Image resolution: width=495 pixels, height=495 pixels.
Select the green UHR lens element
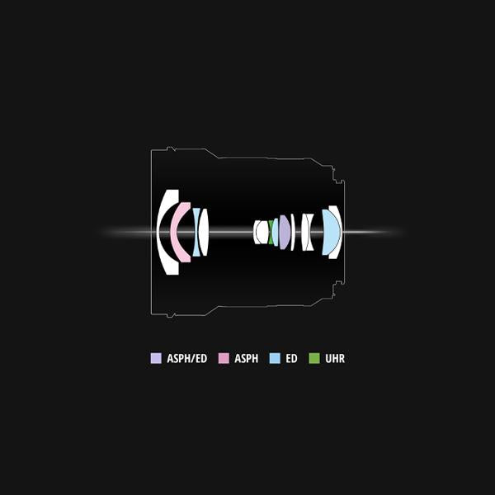(x=271, y=233)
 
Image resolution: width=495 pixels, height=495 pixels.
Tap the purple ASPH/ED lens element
(x=284, y=233)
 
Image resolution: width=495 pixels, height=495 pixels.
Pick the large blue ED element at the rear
(x=331, y=232)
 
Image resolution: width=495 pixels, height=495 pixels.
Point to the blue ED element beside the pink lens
(x=196, y=232)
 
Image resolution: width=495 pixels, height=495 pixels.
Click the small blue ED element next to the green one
(x=276, y=233)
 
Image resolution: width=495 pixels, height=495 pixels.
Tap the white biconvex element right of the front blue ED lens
(x=204, y=232)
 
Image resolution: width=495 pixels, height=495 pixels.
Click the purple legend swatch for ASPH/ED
(x=156, y=358)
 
